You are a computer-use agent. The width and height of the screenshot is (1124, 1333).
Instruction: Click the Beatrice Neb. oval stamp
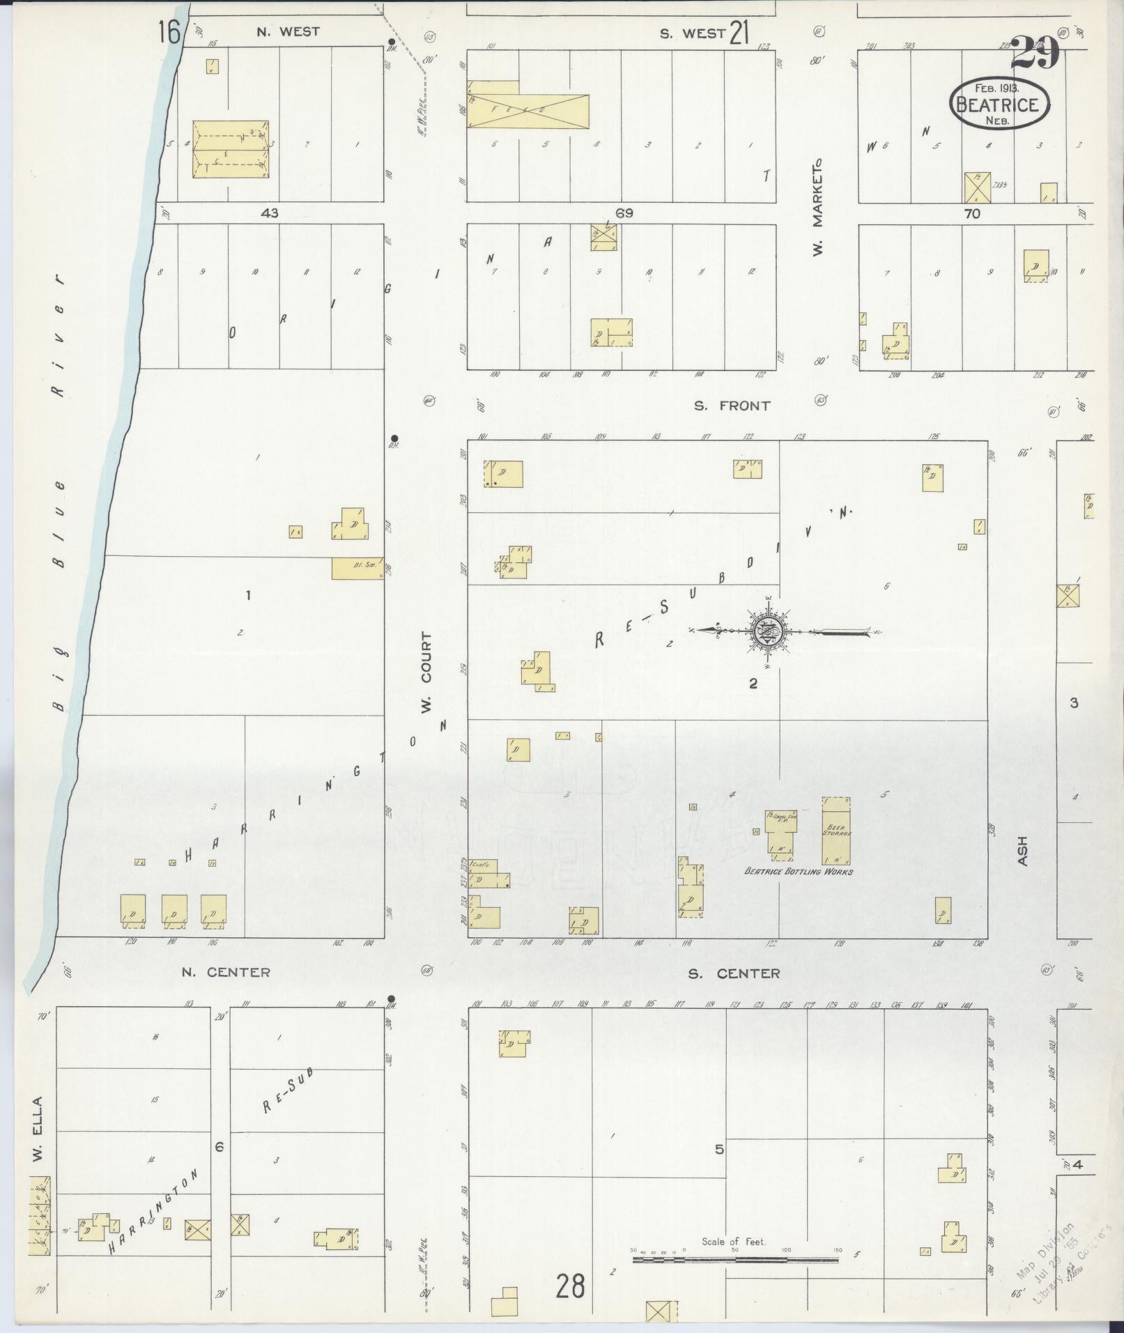(999, 103)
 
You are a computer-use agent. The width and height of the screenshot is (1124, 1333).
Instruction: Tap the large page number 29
(1035, 54)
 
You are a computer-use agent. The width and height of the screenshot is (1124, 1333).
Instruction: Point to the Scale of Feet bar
(735, 1261)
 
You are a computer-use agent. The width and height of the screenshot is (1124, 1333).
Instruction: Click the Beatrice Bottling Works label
(799, 871)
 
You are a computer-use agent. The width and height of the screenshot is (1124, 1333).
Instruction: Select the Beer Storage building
(836, 832)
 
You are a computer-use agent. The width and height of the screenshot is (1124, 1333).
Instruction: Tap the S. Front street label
(732, 406)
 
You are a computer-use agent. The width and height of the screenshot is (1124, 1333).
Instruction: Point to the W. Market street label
(818, 206)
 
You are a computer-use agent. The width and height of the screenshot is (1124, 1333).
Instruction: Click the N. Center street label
(226, 972)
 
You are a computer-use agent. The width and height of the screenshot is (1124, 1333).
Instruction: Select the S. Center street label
(734, 973)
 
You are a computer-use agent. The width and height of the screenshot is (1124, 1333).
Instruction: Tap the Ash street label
(1023, 851)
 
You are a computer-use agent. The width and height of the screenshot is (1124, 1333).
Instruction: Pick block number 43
(269, 213)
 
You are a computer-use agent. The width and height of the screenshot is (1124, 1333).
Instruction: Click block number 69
(624, 213)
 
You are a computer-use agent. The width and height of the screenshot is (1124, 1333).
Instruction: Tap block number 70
(972, 214)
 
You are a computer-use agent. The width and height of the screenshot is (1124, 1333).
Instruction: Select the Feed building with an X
(528, 111)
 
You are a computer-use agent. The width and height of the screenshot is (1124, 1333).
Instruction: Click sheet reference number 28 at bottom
(570, 1286)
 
